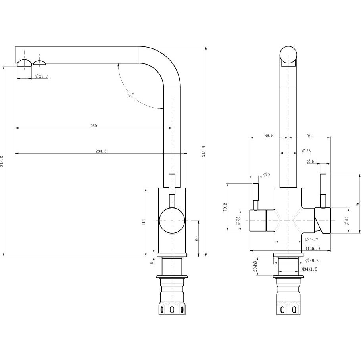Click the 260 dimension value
point(94,126)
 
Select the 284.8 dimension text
point(101,151)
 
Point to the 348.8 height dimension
point(204,152)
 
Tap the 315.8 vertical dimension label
point(2,161)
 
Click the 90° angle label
point(131,95)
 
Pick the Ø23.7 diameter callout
point(41,76)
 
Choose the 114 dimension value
point(144,222)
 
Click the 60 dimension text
point(196,239)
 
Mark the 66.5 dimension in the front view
point(269,136)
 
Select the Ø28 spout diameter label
point(306,151)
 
